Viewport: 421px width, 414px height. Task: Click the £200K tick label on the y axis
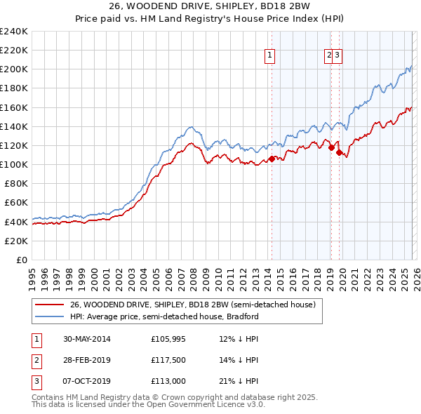[x=14, y=69]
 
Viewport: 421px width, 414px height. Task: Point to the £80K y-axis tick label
[x=16, y=183]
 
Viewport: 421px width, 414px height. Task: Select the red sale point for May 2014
[x=272, y=159]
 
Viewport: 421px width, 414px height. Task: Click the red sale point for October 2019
[x=338, y=152]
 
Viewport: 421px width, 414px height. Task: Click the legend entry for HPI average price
[x=164, y=316]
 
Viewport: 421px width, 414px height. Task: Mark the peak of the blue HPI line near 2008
[x=191, y=127]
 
